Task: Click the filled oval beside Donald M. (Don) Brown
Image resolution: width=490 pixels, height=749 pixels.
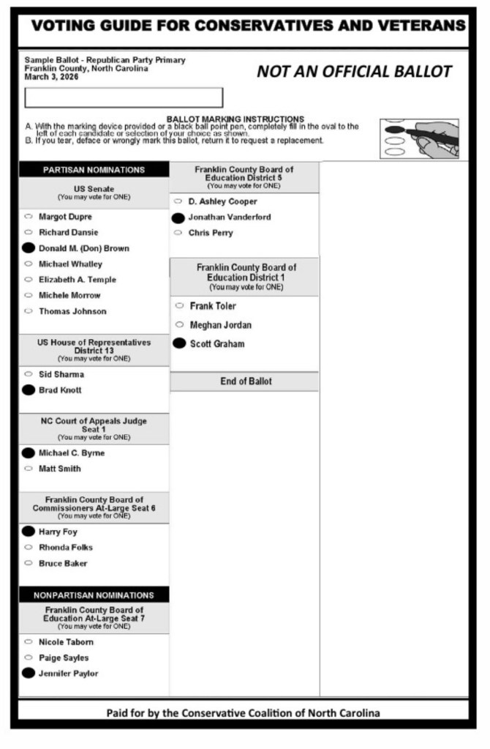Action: pyautogui.click(x=29, y=248)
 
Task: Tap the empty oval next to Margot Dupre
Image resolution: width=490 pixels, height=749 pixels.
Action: pyautogui.click(x=29, y=217)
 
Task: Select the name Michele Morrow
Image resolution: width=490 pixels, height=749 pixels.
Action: pyautogui.click(x=69, y=295)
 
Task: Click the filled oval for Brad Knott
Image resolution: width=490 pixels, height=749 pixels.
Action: pyautogui.click(x=29, y=390)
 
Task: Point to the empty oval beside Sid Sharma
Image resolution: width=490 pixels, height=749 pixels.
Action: pyautogui.click(x=29, y=374)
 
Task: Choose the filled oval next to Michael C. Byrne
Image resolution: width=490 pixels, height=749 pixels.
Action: pyautogui.click(x=29, y=453)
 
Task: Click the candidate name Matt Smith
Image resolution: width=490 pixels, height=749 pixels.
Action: pyautogui.click(x=60, y=469)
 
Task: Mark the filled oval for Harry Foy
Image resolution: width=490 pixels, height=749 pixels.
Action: pyautogui.click(x=29, y=532)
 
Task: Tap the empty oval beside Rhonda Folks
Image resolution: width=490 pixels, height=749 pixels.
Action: pyautogui.click(x=29, y=548)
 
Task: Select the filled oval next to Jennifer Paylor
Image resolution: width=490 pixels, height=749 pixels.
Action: pyautogui.click(x=29, y=674)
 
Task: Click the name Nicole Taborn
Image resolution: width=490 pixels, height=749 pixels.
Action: pyautogui.click(x=66, y=642)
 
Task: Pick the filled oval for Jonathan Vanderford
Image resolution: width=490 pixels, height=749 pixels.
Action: pyautogui.click(x=178, y=217)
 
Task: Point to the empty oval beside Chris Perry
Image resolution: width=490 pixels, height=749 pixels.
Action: pyautogui.click(x=178, y=233)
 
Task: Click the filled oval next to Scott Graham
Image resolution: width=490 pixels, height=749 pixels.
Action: pyautogui.click(x=179, y=343)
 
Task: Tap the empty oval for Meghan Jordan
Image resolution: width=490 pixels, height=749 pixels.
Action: pyautogui.click(x=179, y=324)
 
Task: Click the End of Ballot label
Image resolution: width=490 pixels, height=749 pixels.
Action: pyautogui.click(x=246, y=381)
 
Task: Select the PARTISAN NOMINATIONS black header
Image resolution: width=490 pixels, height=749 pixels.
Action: pyautogui.click(x=94, y=170)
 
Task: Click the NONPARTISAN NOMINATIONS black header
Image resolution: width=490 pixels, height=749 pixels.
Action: pyautogui.click(x=94, y=595)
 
